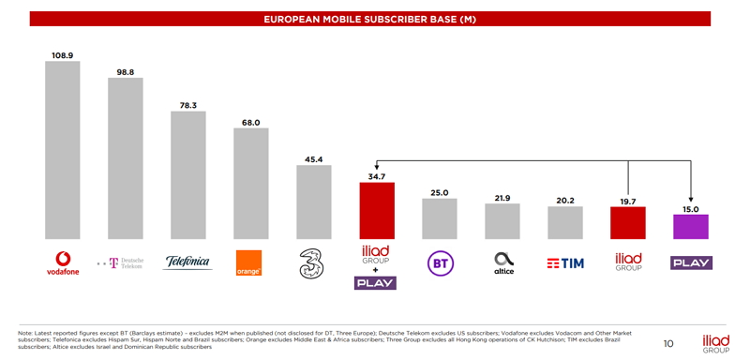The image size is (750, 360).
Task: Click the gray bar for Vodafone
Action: coord(63,150)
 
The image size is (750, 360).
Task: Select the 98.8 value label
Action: coord(126,72)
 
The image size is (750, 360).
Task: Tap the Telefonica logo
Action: coord(187,262)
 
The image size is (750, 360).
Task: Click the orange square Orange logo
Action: coord(250,263)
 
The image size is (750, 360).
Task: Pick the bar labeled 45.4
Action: coord(313,202)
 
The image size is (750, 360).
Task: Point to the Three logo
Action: coord(313,263)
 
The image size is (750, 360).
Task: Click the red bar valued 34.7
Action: coord(376,210)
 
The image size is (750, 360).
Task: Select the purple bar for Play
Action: coord(690,226)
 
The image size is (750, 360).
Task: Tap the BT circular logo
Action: coord(439,263)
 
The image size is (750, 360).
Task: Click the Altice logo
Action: coord(503,262)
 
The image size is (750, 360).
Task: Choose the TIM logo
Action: coord(565,263)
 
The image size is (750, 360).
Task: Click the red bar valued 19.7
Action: coord(627,222)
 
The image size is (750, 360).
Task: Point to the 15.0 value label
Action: coord(690,209)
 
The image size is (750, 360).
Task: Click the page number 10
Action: coord(667,343)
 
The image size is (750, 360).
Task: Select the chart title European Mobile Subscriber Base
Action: coord(369,19)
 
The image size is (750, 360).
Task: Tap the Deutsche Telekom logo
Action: coord(122,263)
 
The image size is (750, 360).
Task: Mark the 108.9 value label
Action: coord(63,55)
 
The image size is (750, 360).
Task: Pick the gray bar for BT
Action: coord(439,218)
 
